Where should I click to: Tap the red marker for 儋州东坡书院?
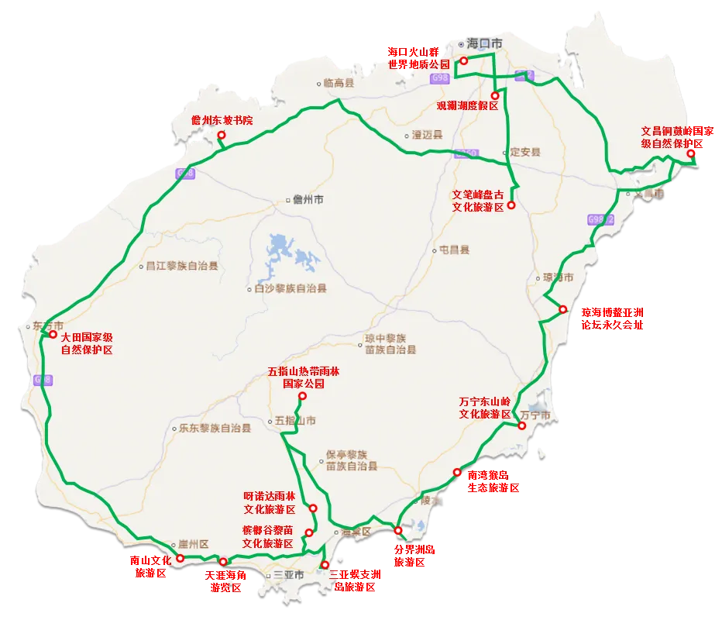click(x=221, y=135)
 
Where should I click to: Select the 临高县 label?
click(x=339, y=83)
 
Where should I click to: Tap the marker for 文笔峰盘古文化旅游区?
click(x=511, y=205)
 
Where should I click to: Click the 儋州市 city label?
click(x=308, y=200)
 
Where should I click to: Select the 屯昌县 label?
click(x=454, y=250)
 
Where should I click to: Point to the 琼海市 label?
click(x=558, y=277)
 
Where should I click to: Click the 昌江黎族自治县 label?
click(x=182, y=265)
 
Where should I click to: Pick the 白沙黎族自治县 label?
click(x=291, y=288)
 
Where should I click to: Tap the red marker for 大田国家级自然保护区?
click(x=53, y=335)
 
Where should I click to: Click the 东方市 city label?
click(x=47, y=325)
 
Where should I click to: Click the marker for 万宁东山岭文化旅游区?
click(x=522, y=425)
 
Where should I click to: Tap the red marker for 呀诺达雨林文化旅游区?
click(x=313, y=508)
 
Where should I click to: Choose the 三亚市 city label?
click(x=287, y=576)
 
